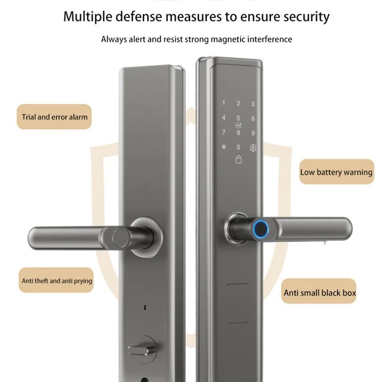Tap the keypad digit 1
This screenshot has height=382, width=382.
coord(223,103)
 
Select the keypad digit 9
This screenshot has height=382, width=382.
coord(253,133)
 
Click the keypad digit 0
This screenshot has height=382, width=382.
coord(238,147)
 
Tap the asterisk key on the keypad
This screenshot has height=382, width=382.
coord(223,147)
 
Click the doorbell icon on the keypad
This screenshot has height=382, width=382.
coord(253,148)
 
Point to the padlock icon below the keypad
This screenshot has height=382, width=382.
coord(238,159)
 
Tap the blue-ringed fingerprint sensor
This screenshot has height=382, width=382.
coord(260,228)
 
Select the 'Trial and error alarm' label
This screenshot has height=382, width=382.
coord(54,117)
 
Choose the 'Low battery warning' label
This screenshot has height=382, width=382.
coord(337,172)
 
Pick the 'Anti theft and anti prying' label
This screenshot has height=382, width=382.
coord(56,280)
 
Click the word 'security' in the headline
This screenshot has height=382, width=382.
coord(306,17)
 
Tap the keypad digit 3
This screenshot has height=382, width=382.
coord(253,104)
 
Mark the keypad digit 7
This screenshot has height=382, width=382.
coord(223,132)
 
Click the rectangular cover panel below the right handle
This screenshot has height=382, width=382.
coord(237,303)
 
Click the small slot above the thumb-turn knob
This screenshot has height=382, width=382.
coord(145,308)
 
